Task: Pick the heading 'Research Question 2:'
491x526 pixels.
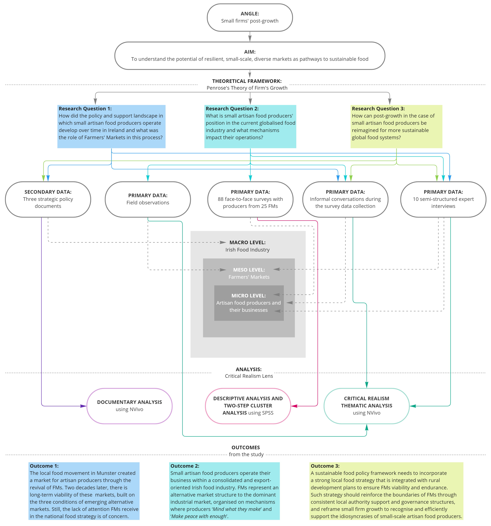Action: point(232,109)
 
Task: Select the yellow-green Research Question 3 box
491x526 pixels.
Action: point(396,127)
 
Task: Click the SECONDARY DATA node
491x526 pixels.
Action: point(48,199)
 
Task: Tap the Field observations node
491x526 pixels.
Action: point(148,199)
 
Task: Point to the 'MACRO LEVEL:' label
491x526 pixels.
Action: point(247,242)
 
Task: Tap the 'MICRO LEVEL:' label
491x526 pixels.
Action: point(248,296)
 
